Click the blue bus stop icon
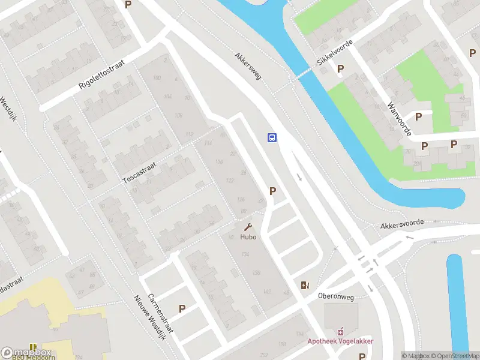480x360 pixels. (272, 137)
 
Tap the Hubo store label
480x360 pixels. (248, 237)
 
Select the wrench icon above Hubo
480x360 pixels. (248, 227)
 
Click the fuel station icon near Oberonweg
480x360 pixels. (304, 285)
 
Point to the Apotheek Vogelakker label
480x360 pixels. (341, 341)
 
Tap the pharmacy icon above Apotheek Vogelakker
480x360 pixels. (341, 331)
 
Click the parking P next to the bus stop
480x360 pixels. (273, 191)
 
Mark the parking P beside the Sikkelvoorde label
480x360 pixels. (340, 69)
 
